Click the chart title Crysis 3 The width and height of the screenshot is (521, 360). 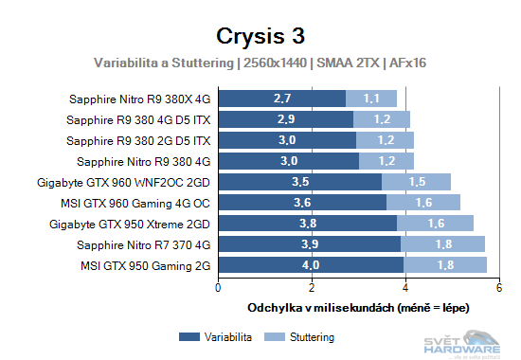tap(260, 36)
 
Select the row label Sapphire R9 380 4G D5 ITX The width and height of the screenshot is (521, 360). tap(139, 119)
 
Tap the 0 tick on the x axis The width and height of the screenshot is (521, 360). tap(219, 288)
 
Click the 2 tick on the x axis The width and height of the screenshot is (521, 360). tap(312, 288)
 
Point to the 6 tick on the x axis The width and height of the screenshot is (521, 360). tap(498, 288)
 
